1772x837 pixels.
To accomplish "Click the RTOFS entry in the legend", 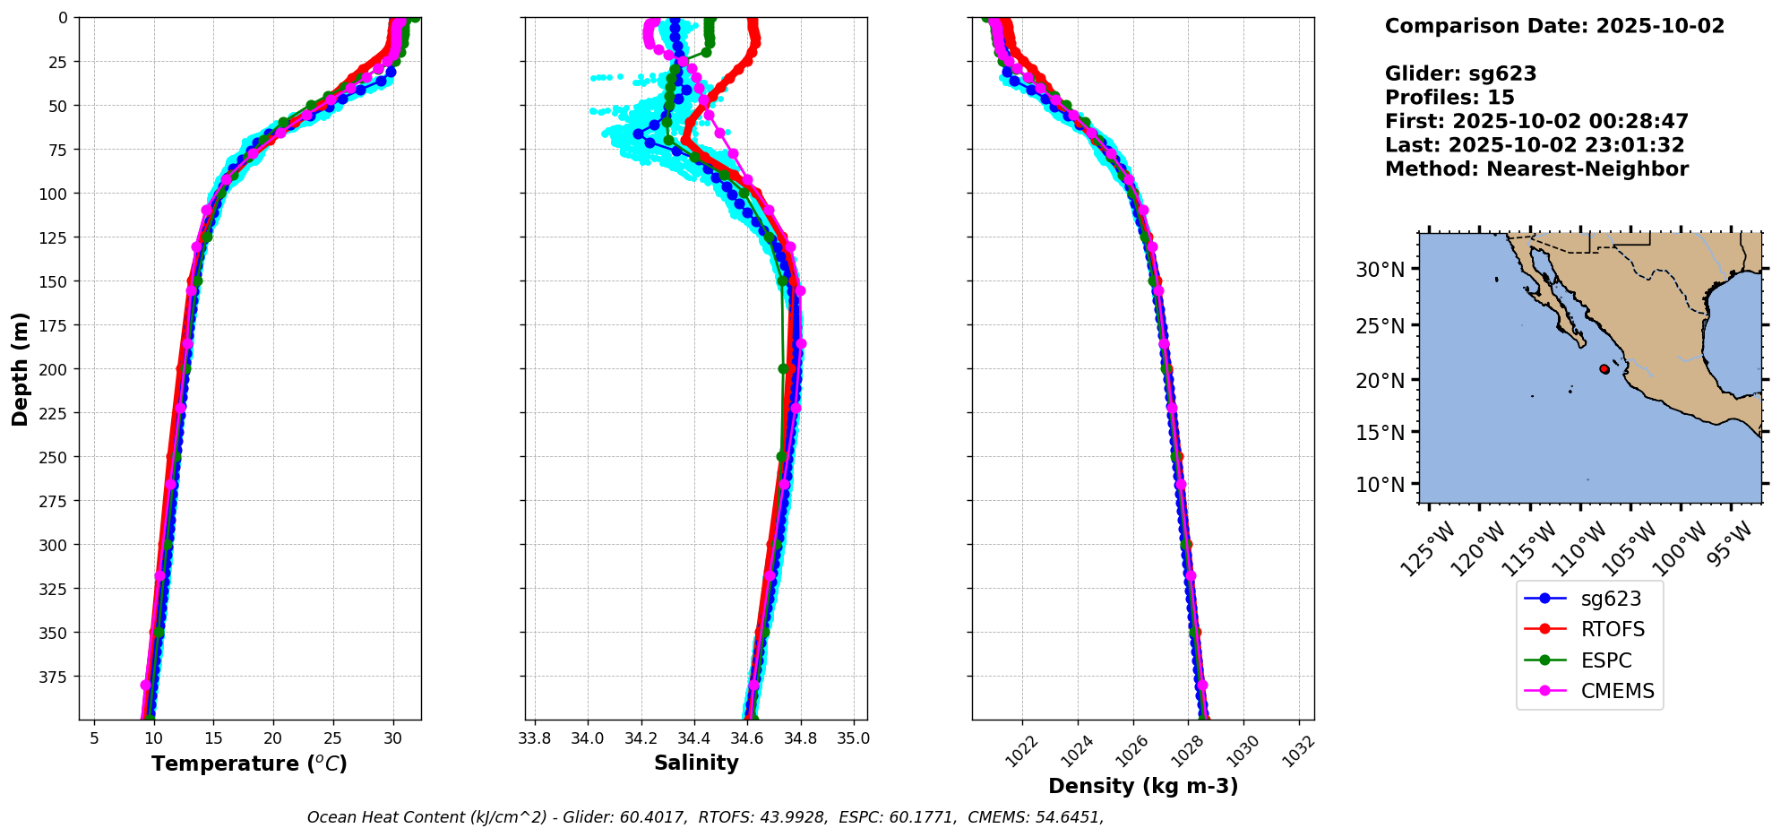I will point(1612,630).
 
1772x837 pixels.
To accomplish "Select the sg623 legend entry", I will point(1611,599).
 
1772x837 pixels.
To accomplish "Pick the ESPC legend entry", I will point(1605,660).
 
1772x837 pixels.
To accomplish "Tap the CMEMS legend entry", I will point(1616,692).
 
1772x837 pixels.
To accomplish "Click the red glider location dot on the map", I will point(1604,369).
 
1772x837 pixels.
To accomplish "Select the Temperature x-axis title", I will point(249,764).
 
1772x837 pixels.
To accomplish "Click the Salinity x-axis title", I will point(696,764).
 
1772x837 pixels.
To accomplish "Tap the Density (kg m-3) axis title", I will point(1143,786).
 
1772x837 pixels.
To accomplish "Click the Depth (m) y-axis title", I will point(21,368).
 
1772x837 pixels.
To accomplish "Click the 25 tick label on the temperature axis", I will point(332,738).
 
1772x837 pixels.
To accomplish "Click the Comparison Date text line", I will point(1554,26).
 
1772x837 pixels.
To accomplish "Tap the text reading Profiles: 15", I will point(1449,98).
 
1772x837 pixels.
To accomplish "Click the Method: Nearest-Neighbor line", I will point(1536,169).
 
